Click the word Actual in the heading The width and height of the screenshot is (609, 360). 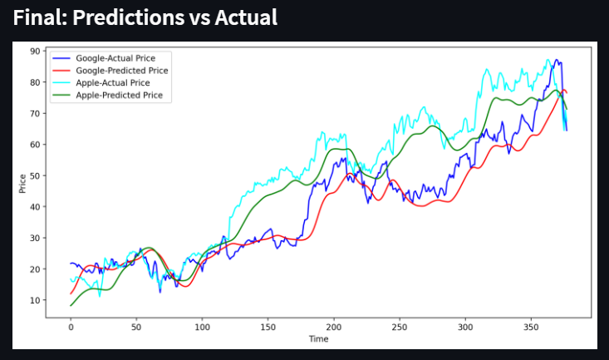244,17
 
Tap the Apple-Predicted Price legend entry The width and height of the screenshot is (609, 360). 124,96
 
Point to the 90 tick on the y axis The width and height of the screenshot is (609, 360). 36,51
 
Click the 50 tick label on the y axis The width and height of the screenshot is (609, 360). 36,175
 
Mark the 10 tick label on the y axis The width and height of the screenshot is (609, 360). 36,300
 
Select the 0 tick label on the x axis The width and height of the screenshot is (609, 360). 71,328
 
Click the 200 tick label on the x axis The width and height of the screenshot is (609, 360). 333,328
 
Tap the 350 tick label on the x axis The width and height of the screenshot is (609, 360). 530,328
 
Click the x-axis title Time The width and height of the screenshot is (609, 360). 318,338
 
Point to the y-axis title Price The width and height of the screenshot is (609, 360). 22,183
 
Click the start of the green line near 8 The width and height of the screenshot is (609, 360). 71,306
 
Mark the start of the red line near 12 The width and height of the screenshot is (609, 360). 71,293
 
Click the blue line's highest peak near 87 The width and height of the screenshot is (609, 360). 555,60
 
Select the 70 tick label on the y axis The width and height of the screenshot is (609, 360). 36,113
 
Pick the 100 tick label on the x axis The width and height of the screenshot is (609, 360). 202,328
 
